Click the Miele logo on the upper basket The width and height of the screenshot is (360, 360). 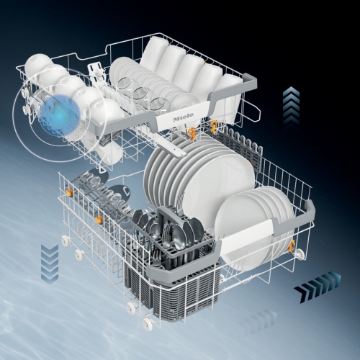coord(183,117)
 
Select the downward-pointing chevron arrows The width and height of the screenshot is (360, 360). coord(50,264)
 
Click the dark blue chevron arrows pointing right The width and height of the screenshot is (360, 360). coord(318,287)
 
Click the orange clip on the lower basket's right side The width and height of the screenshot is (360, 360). coord(292,247)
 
